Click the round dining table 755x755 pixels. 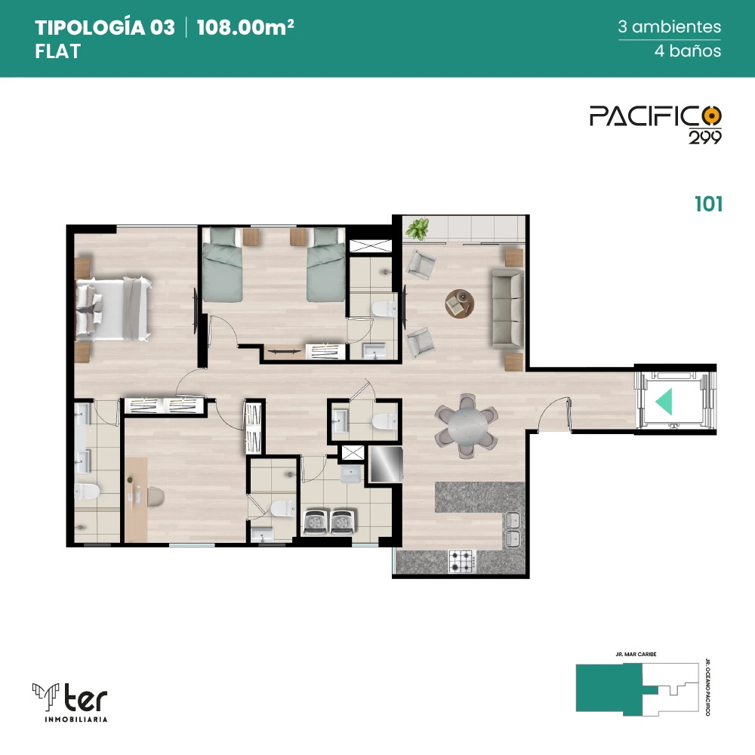point(466,425)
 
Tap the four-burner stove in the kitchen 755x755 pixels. point(462,561)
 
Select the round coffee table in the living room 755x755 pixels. point(459,304)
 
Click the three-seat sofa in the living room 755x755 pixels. point(507,309)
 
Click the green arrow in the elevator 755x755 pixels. point(664,402)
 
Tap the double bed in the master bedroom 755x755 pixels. point(114,309)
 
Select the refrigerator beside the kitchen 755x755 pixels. point(385,464)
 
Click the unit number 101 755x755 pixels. point(708,204)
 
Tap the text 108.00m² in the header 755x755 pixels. point(245,27)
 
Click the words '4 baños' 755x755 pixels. point(688,51)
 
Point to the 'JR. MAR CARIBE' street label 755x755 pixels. point(636,655)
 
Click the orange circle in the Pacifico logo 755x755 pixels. point(712,116)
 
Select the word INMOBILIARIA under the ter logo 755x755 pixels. point(75,720)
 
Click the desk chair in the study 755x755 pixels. point(155,498)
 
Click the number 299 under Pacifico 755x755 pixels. point(705,137)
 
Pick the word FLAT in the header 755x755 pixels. point(57,51)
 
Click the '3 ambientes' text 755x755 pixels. point(669,26)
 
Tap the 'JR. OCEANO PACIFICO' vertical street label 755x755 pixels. point(708,687)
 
